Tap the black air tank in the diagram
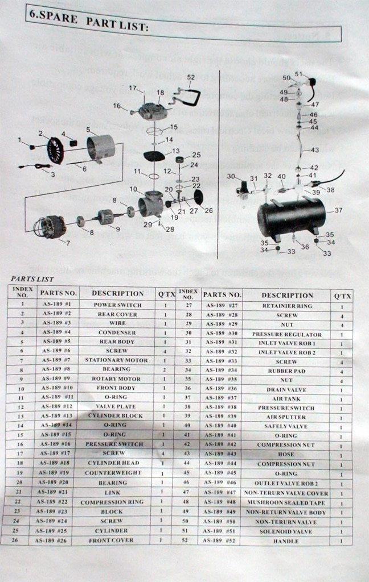tap(291, 217)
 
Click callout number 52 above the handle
tap(191, 77)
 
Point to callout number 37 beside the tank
tap(338, 210)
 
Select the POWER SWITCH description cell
tap(118, 305)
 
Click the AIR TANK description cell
tap(286, 399)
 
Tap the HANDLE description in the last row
tap(286, 541)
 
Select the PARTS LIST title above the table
tap(32, 279)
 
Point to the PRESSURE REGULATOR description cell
tap(286, 335)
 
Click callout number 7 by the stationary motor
tap(68, 243)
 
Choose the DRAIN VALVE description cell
tap(286, 390)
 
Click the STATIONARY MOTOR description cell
tap(116, 360)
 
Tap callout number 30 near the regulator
tap(230, 176)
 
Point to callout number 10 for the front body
tap(133, 189)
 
